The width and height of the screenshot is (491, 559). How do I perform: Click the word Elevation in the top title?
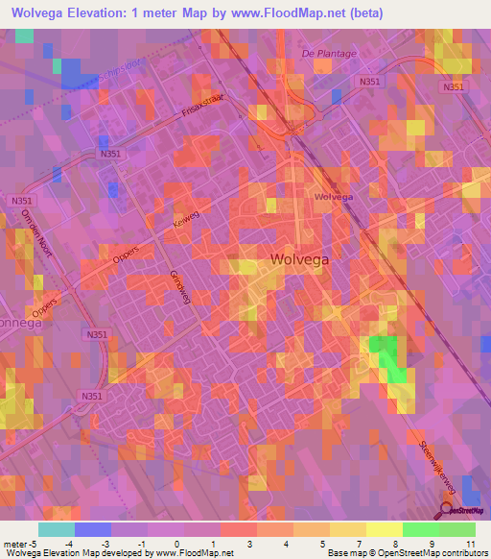coord(107,13)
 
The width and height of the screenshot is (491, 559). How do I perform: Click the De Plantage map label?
coord(329,54)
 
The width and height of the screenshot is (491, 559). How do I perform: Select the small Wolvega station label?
coord(333,197)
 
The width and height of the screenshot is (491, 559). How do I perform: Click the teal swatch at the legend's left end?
coord(56,529)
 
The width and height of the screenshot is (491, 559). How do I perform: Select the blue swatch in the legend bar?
coord(92,529)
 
